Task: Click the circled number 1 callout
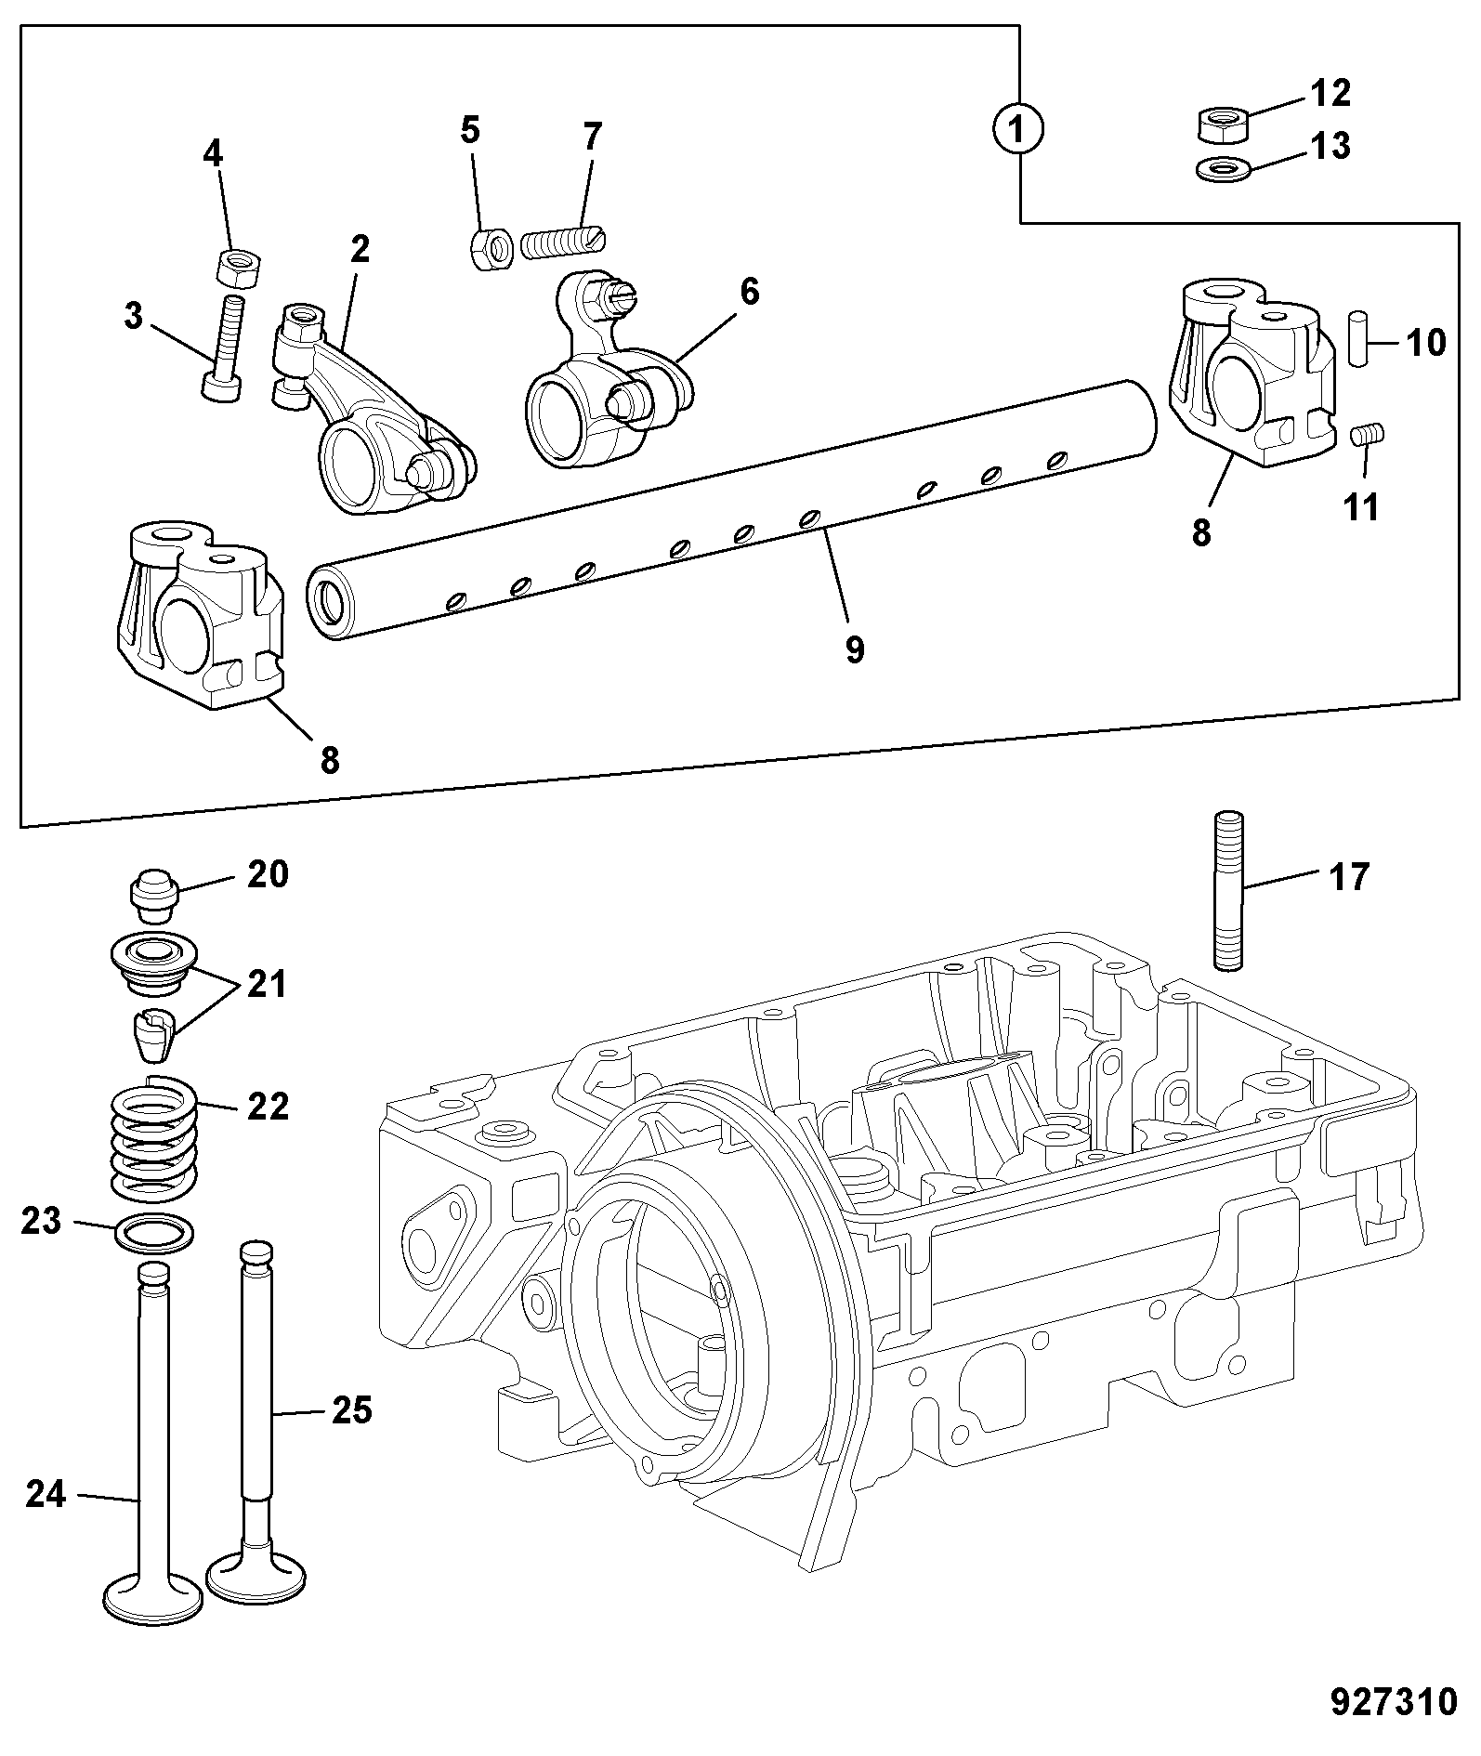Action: tap(1019, 129)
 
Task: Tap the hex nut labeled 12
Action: tap(1220, 124)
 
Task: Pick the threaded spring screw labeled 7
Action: tap(563, 243)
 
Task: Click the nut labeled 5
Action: tap(490, 249)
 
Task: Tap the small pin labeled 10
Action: tap(1360, 339)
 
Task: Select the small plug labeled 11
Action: tap(1367, 435)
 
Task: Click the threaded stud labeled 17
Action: tap(1227, 891)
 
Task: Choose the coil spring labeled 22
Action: tap(154, 1135)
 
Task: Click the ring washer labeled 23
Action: tap(155, 1233)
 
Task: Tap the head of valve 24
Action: tap(154, 1597)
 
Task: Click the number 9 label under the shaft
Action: tap(855, 649)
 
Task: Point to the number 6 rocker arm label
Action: tap(749, 292)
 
